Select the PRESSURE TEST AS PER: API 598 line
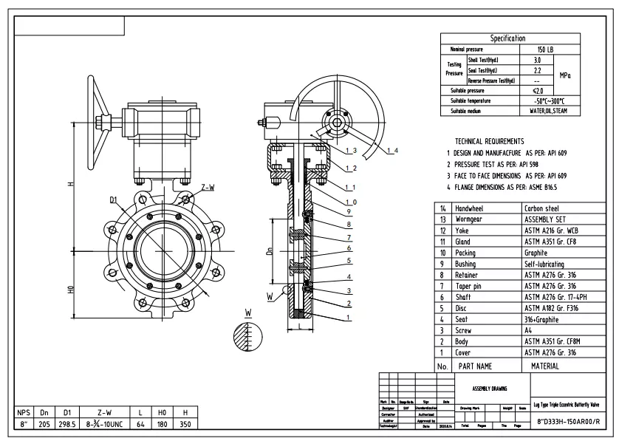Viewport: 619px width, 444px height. coord(500,163)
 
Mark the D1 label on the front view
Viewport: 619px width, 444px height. coord(114,199)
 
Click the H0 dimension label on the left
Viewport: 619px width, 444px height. coord(71,290)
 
